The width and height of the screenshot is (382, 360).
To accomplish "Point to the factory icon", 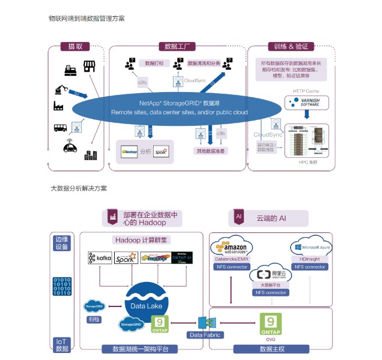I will [x=59, y=106].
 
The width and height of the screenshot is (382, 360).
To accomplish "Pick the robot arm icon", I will [x=60, y=90].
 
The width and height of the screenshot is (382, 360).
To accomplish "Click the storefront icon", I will [x=89, y=66].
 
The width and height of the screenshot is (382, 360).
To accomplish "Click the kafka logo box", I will [x=100, y=257].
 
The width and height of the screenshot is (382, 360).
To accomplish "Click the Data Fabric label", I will [x=203, y=335].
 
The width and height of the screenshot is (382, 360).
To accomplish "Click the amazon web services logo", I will [x=232, y=246].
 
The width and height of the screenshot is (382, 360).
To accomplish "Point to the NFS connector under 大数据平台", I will [x=268, y=292].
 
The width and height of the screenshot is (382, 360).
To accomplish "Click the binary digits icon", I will [x=62, y=287].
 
